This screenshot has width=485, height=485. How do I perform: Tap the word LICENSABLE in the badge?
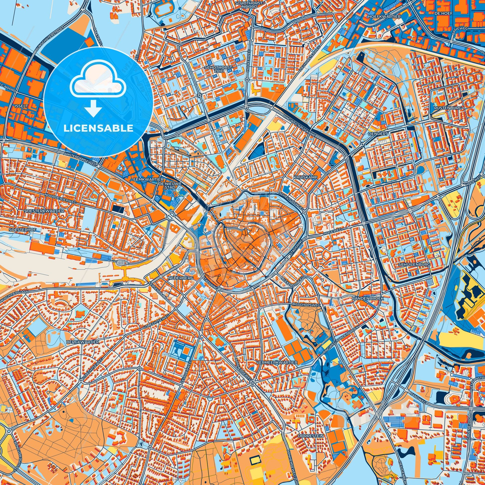click(98, 128)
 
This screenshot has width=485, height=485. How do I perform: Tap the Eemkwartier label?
click(148, 179)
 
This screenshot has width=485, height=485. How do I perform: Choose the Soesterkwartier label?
click(44, 211)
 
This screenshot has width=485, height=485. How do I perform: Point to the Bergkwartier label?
click(82, 342)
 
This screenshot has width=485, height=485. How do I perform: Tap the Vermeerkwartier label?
click(277, 363)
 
